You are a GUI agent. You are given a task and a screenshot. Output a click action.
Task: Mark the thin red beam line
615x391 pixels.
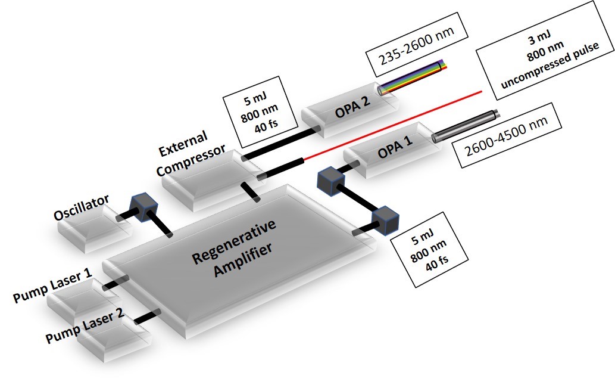tap(393, 126)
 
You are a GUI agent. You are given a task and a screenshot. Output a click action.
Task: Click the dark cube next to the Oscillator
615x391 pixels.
tap(143, 207)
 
